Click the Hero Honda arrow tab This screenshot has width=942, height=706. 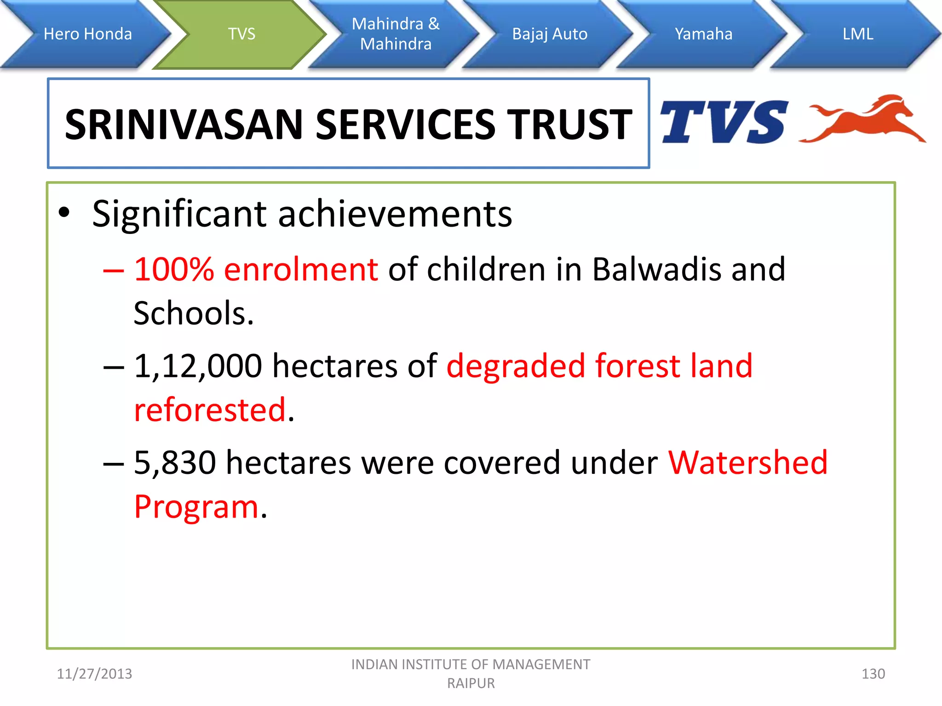coord(87,34)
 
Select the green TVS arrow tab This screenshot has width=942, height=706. coord(241,34)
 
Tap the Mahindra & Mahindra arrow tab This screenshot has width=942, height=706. coord(396,34)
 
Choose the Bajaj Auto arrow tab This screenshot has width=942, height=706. coord(550,34)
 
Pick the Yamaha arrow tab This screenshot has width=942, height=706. coord(703,34)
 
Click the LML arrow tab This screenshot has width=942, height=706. coord(858,34)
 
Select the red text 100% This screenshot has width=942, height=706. coord(173,269)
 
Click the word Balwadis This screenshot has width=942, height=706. coord(656,269)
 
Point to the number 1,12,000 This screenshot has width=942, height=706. coord(198,366)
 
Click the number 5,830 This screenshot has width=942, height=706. coord(175,463)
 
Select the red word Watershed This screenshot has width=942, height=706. coord(748,463)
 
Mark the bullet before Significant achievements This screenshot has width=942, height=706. coord(64,213)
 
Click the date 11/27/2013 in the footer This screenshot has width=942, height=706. coord(94,674)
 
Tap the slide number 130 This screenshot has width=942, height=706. coord(873,674)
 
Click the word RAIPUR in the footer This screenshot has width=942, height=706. coord(471,683)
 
